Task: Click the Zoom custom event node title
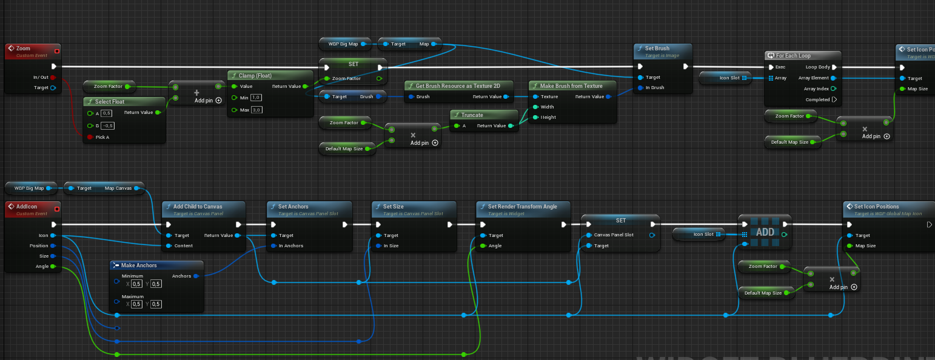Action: (x=24, y=48)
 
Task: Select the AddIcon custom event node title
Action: (x=27, y=207)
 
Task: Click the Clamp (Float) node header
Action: (x=255, y=76)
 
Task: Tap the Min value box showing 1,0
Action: (x=256, y=97)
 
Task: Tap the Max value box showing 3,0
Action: (x=256, y=109)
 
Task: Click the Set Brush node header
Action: (x=657, y=48)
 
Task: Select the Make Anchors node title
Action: (x=139, y=265)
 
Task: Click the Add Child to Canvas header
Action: (x=198, y=207)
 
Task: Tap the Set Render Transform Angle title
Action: (x=522, y=207)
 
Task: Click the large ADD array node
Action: (x=765, y=232)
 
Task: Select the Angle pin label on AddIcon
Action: (x=42, y=266)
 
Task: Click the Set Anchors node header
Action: (x=293, y=207)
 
